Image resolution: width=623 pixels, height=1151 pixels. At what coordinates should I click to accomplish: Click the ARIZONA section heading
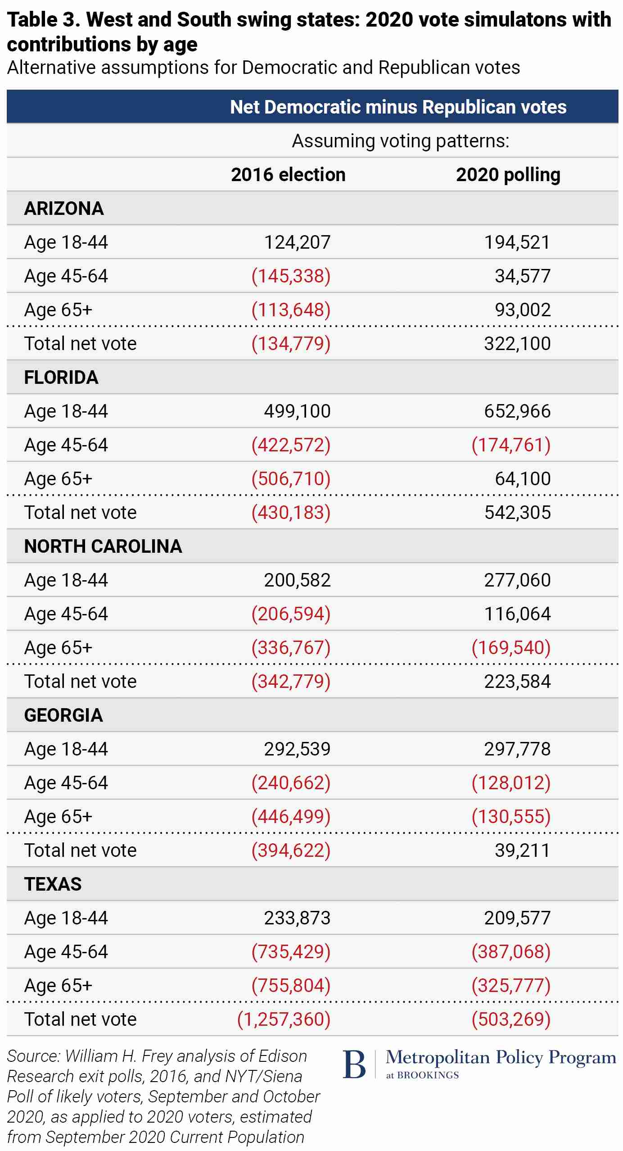[x=64, y=209]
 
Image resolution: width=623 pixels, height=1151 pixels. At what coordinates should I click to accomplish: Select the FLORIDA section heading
[x=61, y=378]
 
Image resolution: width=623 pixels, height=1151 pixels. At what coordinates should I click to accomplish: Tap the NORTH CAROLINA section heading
[x=103, y=546]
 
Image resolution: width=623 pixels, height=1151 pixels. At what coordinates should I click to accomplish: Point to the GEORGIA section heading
[x=63, y=715]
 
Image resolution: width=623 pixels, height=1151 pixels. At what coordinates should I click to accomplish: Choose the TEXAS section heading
[x=53, y=884]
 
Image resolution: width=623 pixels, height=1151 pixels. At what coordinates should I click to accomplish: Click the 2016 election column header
[x=288, y=175]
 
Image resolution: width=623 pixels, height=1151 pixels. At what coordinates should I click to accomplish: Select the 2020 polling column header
[x=508, y=175]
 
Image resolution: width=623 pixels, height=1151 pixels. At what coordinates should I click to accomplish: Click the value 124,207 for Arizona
[x=297, y=242]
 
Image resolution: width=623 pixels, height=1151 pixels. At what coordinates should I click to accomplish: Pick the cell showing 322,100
[x=517, y=344]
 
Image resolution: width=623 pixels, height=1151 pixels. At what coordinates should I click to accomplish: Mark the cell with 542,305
[x=517, y=513]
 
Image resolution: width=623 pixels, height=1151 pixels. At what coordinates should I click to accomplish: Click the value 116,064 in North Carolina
[x=517, y=614]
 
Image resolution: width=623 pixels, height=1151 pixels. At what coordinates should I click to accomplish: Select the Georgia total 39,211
[x=522, y=851]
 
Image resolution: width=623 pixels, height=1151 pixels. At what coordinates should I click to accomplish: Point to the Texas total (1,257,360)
[x=284, y=1019]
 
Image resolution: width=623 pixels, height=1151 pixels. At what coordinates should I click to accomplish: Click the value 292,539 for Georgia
[x=297, y=749]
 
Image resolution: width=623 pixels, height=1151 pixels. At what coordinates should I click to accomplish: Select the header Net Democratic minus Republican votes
[x=398, y=107]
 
